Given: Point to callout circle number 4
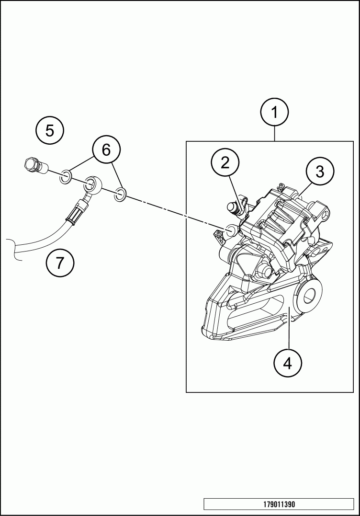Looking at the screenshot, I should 287,363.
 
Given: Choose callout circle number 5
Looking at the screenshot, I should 50,130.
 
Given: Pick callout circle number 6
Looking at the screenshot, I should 106,150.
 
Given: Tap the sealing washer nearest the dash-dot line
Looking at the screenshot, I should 121,194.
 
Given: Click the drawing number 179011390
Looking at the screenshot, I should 279,505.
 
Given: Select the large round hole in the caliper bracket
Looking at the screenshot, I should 307,296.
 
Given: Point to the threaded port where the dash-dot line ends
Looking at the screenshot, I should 231,230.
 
